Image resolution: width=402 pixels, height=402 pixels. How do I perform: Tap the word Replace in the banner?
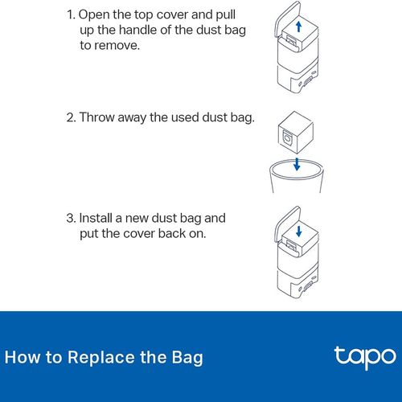tap(100, 358)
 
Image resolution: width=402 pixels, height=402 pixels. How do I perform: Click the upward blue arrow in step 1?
tap(298, 27)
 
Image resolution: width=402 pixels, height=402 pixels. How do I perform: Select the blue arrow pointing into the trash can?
tap(297, 164)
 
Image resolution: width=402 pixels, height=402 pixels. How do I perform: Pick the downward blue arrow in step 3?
tap(299, 232)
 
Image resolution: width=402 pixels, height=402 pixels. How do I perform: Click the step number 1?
tap(71, 14)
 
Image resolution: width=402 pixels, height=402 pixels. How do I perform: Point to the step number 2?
tap(72, 117)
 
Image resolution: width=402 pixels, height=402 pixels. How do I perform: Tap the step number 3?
tap(72, 218)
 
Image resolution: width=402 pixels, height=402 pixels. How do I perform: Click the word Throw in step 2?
tap(97, 117)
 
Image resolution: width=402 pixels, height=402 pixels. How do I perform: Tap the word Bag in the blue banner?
tap(187, 358)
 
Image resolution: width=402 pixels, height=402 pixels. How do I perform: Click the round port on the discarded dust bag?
tap(287, 138)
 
